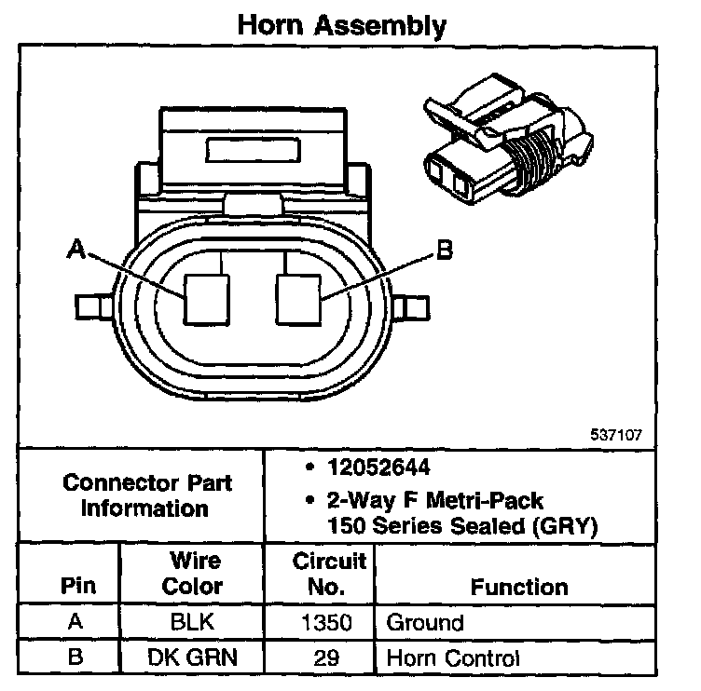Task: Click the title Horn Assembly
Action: click(341, 25)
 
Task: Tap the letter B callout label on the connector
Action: click(445, 250)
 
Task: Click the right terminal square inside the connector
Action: click(299, 299)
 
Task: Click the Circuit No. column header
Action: click(320, 573)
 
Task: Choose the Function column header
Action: click(519, 587)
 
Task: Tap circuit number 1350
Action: click(320, 622)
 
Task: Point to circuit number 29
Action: click(320, 657)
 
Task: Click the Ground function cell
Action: click(424, 622)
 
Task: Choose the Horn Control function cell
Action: click(452, 657)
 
